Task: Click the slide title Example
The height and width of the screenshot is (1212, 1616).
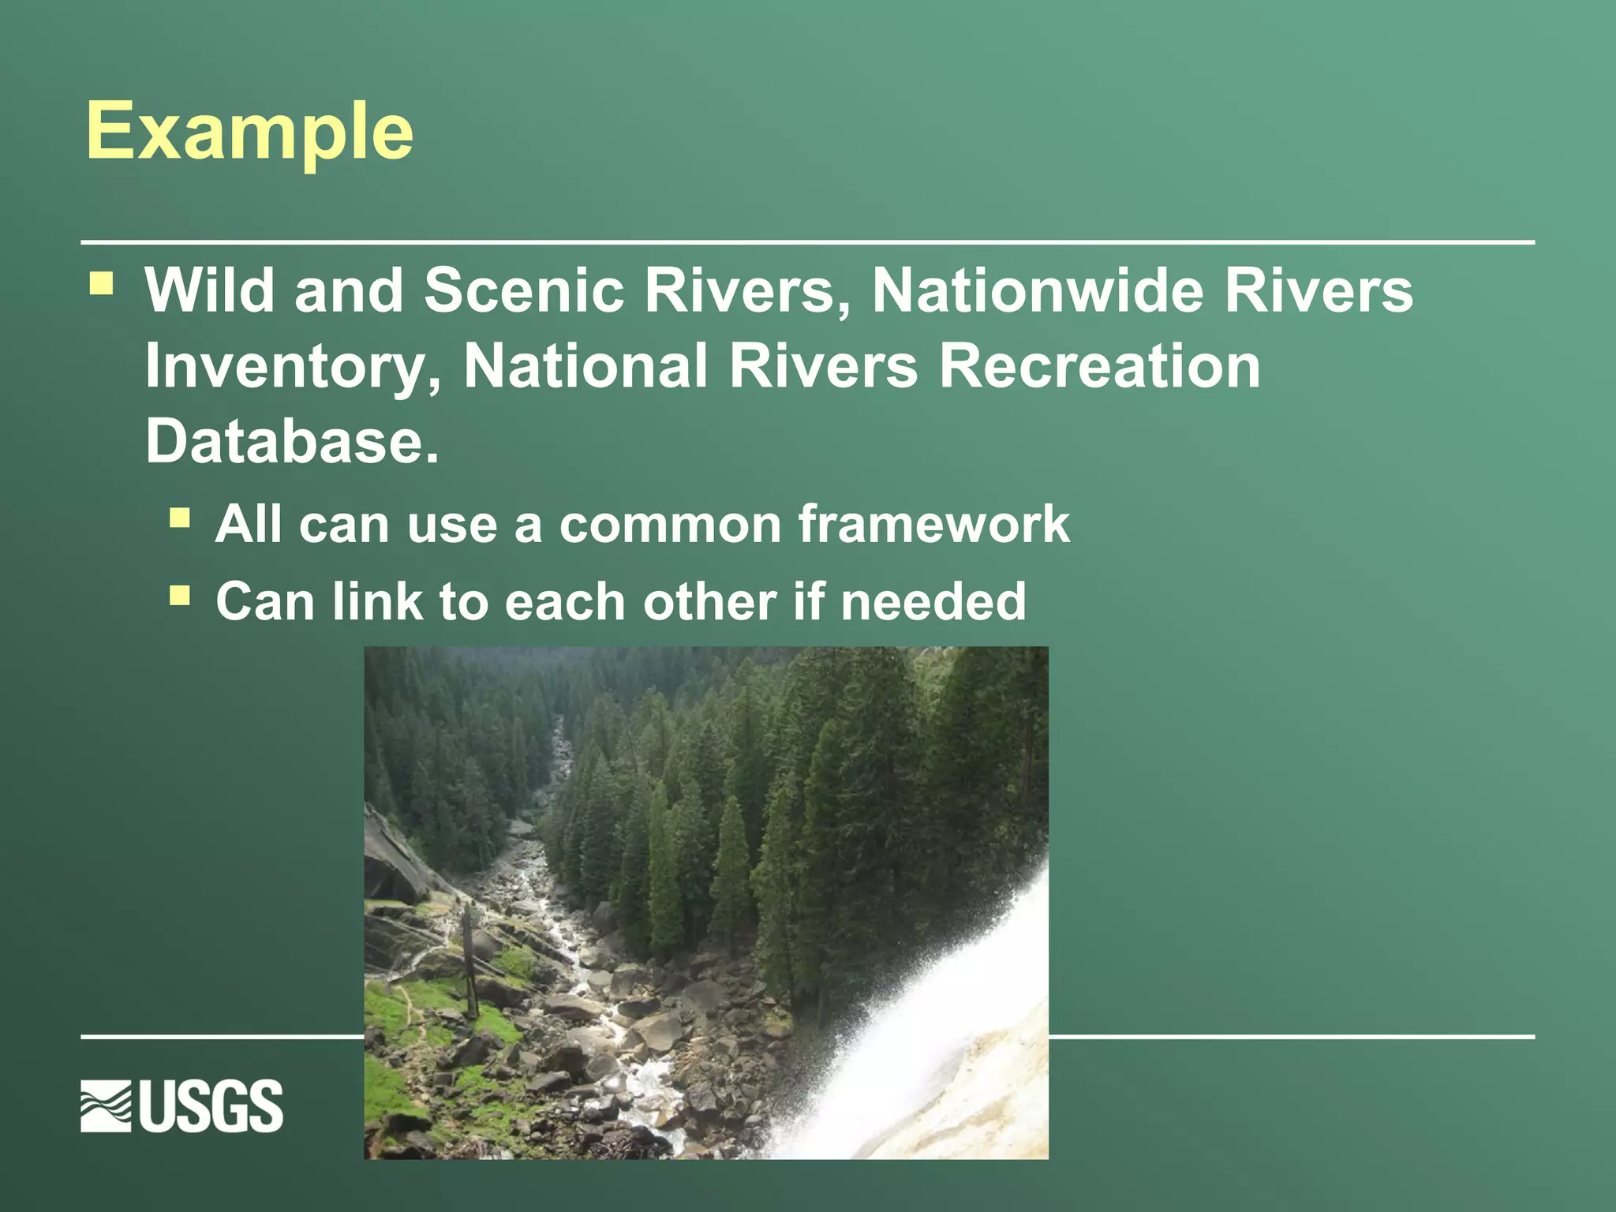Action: click(249, 131)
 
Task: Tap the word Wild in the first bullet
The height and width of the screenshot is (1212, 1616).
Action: click(209, 290)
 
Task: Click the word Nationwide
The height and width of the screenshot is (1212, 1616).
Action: click(1037, 290)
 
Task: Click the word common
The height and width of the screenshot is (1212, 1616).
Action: click(670, 525)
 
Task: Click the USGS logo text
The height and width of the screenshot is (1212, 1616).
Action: click(211, 1106)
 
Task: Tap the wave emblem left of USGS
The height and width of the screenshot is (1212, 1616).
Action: click(106, 1106)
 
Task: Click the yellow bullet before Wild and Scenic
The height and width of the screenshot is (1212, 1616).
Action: click(101, 282)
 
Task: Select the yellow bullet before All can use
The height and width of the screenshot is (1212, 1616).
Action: click(180, 518)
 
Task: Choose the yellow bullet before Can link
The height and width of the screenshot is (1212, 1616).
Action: click(180, 595)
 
